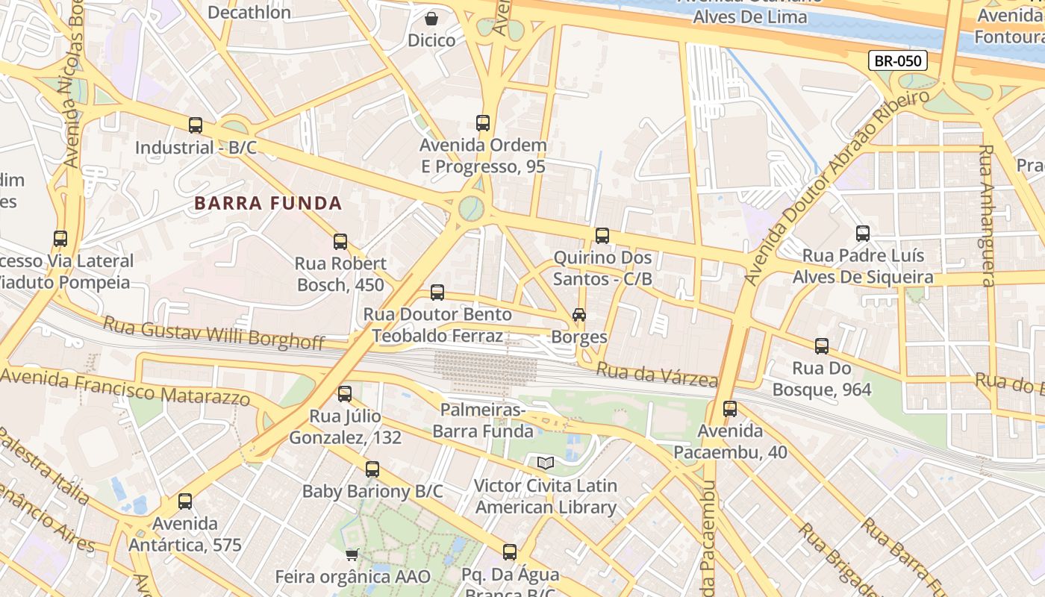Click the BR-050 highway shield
(897, 60)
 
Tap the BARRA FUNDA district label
(268, 203)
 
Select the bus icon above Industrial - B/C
(196, 125)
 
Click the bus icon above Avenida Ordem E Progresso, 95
(483, 123)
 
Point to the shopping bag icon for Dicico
(431, 18)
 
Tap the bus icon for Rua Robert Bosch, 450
(340, 241)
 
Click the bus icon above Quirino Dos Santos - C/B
(602, 236)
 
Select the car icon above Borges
(579, 315)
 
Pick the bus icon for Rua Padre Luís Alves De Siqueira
(863, 234)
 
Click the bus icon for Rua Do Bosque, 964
(822, 346)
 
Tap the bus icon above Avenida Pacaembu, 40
(730, 409)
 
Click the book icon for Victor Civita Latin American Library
(546, 463)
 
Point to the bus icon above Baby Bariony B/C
(372, 469)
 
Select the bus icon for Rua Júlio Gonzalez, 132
(345, 394)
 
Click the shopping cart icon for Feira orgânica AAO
(352, 554)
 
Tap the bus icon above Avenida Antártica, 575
(185, 501)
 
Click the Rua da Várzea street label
(657, 374)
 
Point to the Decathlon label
(249, 13)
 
